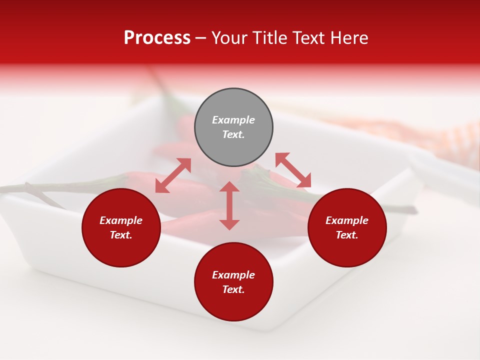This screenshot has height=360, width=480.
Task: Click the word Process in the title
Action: pos(157,38)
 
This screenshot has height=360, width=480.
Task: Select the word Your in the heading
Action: pos(230,38)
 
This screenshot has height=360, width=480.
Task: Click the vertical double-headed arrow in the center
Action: pos(229,205)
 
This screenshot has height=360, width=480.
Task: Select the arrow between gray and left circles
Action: pos(173,175)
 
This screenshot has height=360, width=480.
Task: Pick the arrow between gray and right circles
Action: pos(293,170)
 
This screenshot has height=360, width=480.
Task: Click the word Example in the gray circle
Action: pos(233,120)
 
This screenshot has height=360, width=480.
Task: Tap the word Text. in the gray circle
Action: pos(233,134)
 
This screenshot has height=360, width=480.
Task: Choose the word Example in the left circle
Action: pos(121,220)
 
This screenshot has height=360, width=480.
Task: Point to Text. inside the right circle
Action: pos(347,235)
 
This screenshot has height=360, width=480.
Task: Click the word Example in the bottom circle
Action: pos(233,275)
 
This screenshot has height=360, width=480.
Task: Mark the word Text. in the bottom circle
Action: pos(233,289)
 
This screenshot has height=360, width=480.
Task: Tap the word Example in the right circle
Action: pos(347,220)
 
